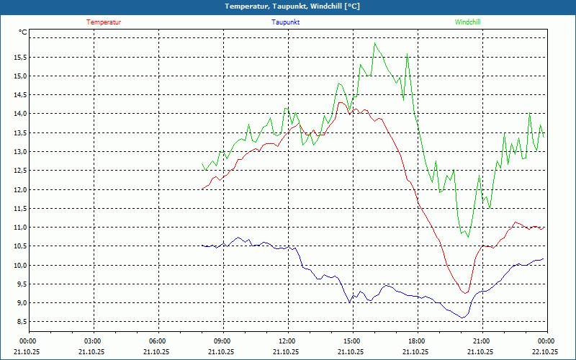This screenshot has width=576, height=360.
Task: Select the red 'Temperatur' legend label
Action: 104,22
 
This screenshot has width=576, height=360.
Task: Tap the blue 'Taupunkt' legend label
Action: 286,22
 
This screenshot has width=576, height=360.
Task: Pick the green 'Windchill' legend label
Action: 468,22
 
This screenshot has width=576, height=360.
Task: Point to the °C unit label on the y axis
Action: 23,32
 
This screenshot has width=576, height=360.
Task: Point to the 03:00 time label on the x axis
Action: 93,341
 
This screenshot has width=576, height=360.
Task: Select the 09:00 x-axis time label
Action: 222,341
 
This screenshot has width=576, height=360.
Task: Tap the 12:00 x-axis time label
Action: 287,341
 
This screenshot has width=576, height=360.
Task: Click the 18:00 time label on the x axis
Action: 416,341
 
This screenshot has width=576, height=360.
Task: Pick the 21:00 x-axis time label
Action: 481,341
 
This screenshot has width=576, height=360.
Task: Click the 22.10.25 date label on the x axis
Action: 545,352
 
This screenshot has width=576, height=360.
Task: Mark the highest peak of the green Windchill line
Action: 374,43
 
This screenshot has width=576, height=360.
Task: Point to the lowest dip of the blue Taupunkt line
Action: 464,318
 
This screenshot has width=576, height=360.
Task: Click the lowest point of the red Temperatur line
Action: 466,293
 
